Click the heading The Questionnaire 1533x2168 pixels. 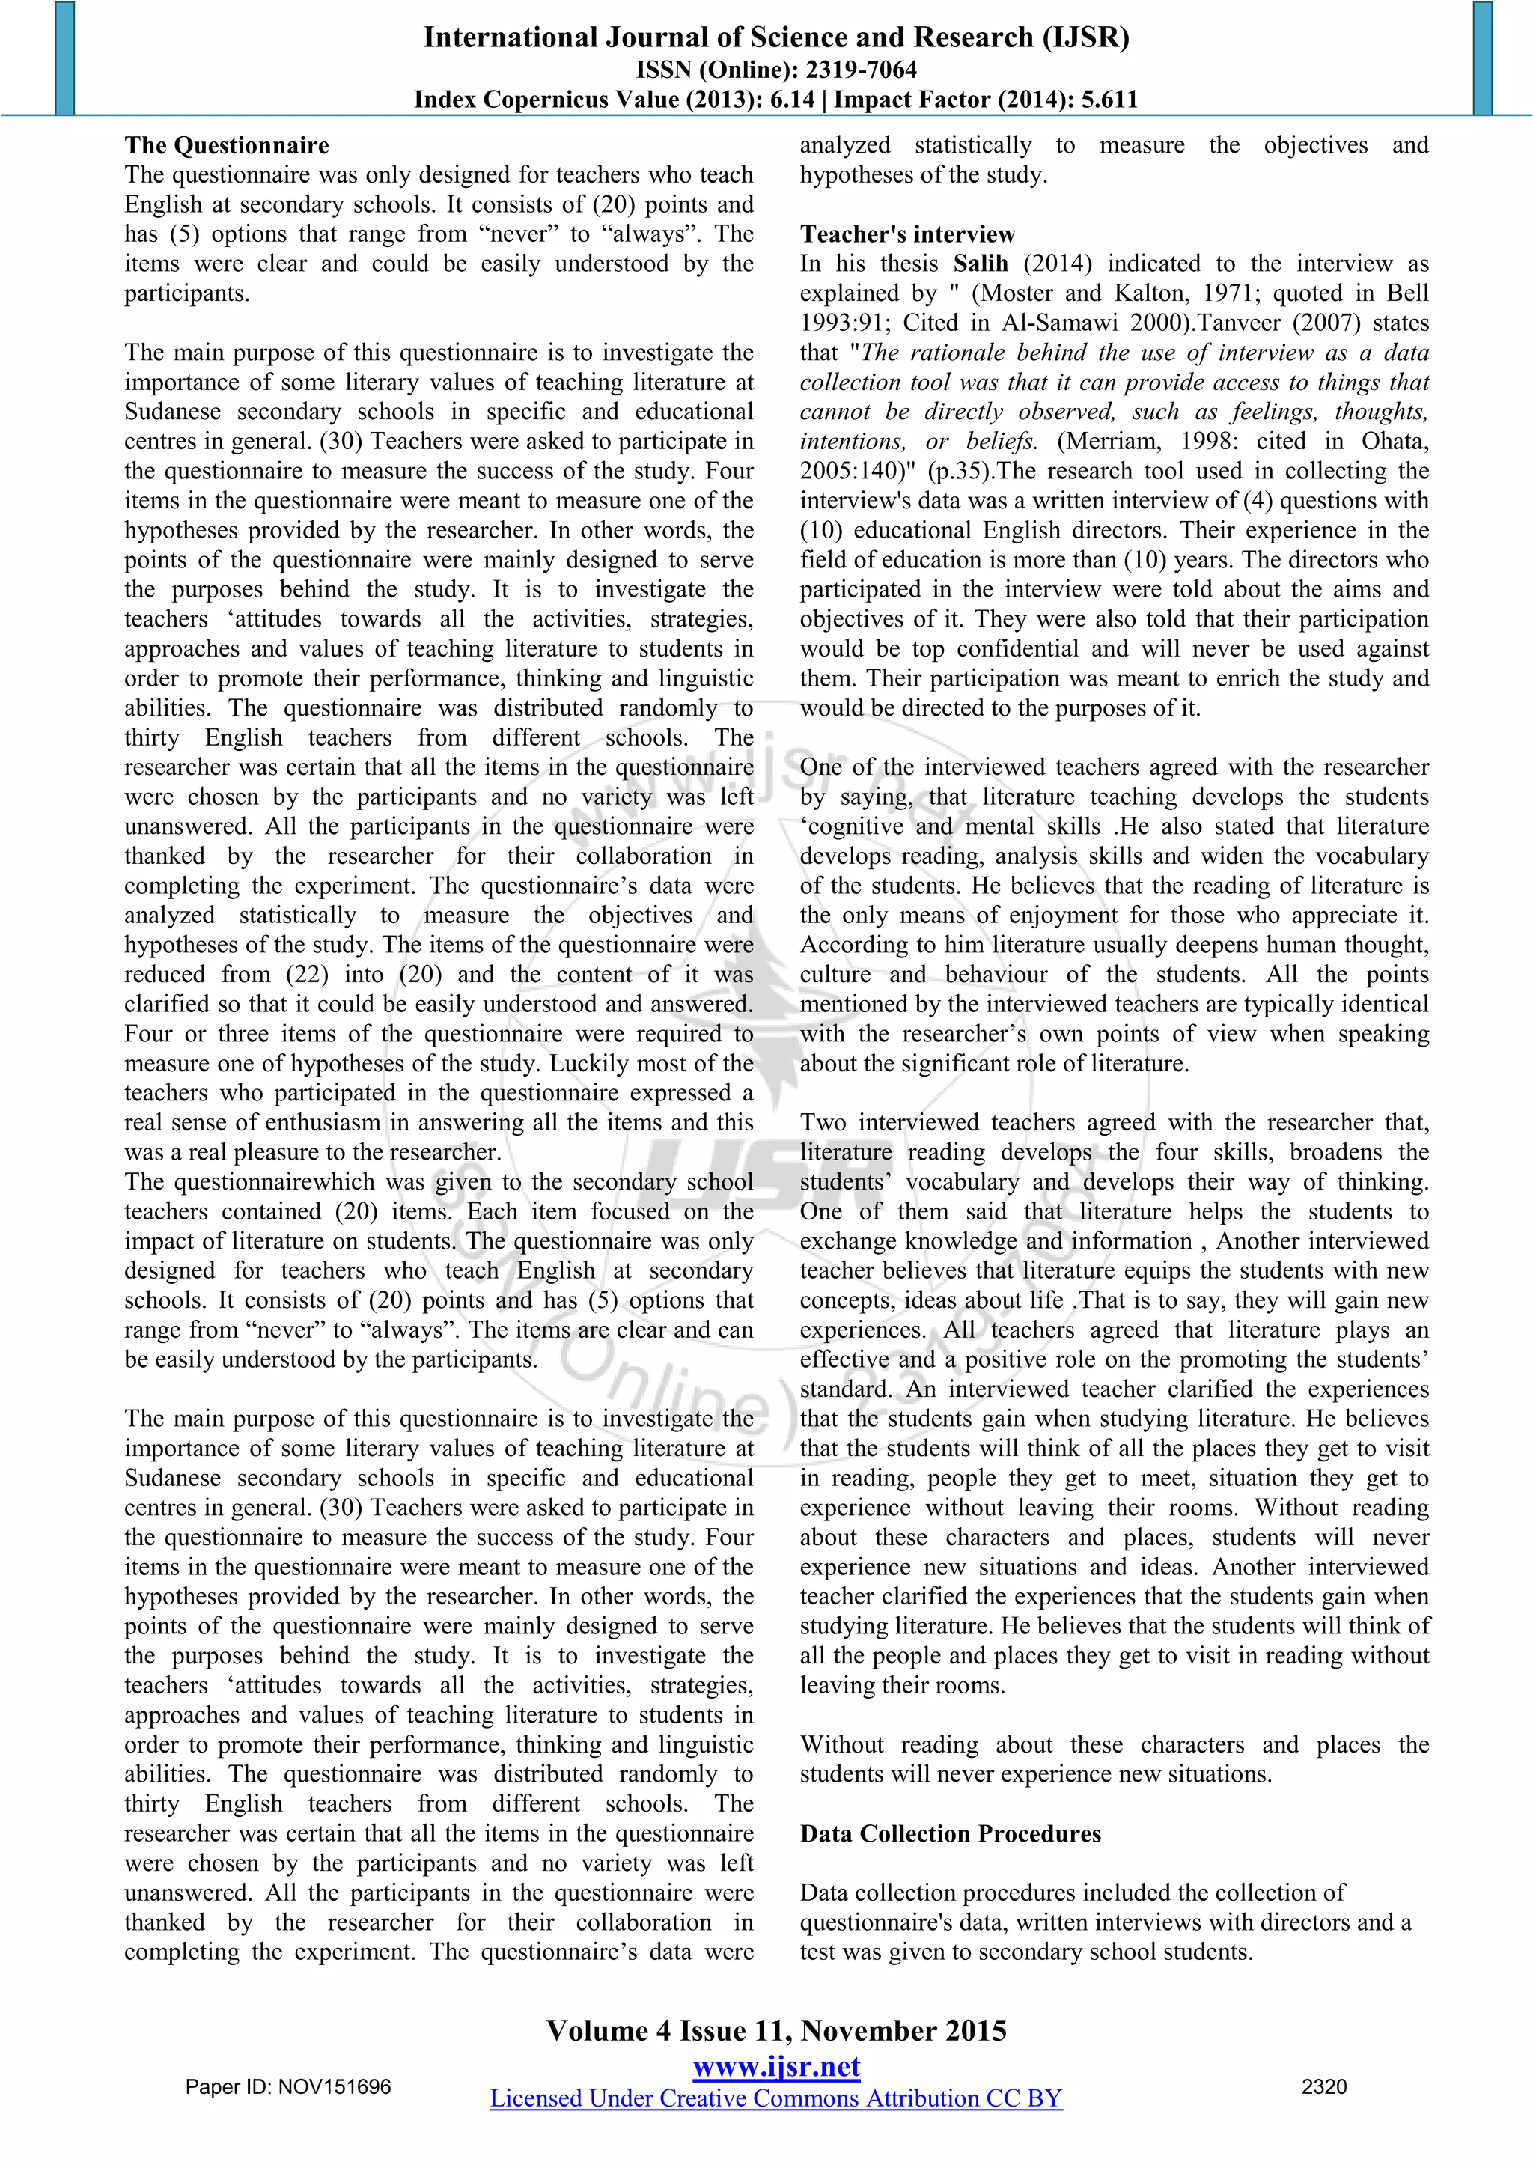click(x=227, y=145)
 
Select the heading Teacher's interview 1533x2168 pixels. click(x=907, y=234)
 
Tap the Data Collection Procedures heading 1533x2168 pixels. click(x=950, y=1833)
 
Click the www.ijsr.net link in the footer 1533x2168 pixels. click(x=776, y=2067)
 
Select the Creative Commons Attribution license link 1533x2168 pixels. click(x=776, y=2098)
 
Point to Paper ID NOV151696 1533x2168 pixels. click(x=288, y=2087)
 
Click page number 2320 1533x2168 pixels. click(x=1323, y=2087)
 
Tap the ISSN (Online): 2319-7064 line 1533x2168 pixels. click(x=776, y=69)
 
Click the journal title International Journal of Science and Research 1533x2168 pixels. click(x=776, y=37)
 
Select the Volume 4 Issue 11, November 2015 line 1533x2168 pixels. click(x=776, y=2031)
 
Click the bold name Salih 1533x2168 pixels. click(x=980, y=264)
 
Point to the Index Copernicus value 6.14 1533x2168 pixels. click(x=791, y=99)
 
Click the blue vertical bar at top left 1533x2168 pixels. click(x=64, y=58)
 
